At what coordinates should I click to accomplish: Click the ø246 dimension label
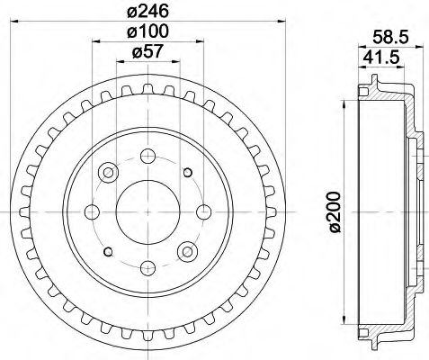pyautogui.click(x=148, y=12)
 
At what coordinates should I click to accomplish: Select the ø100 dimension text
pyautogui.click(x=147, y=32)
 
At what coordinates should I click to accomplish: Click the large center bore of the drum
pyautogui.click(x=147, y=211)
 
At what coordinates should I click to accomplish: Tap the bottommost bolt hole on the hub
pyautogui.click(x=147, y=268)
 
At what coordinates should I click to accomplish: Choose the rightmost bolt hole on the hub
pyautogui.click(x=204, y=211)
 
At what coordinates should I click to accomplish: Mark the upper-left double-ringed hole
pyautogui.click(x=108, y=172)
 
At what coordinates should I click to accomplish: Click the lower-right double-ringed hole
pyautogui.click(x=187, y=251)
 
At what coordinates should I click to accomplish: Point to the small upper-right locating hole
pyautogui.click(x=187, y=172)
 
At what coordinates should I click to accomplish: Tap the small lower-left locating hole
pyautogui.click(x=108, y=252)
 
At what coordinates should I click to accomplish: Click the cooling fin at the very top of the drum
pyautogui.click(x=147, y=95)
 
